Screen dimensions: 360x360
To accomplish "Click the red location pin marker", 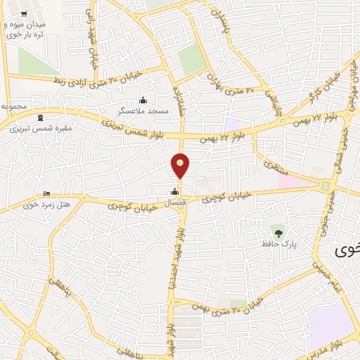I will [181, 166].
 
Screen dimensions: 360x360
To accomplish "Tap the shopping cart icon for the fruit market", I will [24, 14].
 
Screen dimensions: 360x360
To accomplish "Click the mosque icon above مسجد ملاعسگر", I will [143, 100].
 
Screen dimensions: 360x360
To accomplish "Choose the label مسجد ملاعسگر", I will [143, 111].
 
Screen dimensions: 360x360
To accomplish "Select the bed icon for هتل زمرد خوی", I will [47, 194].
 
